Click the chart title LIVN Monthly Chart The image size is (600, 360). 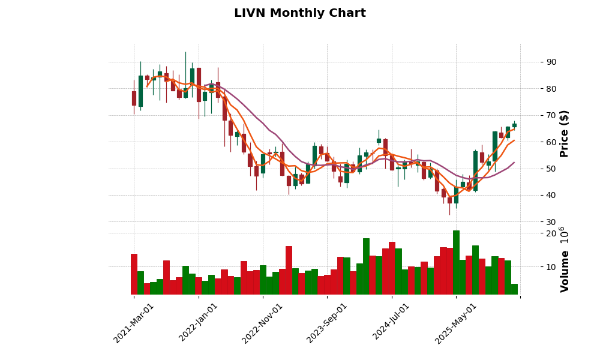click(x=299, y=13)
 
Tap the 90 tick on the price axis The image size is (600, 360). click(x=551, y=62)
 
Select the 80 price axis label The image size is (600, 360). click(x=551, y=89)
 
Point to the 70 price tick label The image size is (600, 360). click(x=551, y=115)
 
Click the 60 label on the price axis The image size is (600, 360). click(x=551, y=142)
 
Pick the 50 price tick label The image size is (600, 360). click(x=551, y=169)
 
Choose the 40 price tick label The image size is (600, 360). click(x=551, y=195)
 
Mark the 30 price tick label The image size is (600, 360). click(x=551, y=222)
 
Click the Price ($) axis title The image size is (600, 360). click(x=565, y=133)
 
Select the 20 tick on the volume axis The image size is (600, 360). click(x=551, y=233)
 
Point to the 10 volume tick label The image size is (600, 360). click(x=551, y=266)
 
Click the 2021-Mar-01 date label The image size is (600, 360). click(x=134, y=323)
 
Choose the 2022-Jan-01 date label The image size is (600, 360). click(x=199, y=323)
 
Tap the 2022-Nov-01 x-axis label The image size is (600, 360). click(x=262, y=323)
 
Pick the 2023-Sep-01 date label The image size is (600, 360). click(x=327, y=323)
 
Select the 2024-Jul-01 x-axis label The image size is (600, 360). click(x=391, y=323)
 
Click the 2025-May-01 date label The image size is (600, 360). click(x=456, y=323)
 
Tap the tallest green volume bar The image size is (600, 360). click(x=456, y=262)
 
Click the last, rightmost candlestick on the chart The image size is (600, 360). click(x=514, y=125)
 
